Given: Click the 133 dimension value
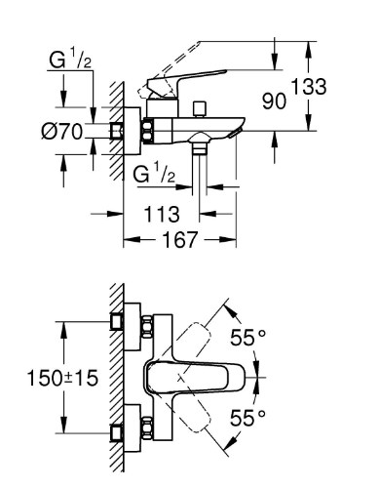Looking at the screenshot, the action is pyautogui.click(x=308, y=87).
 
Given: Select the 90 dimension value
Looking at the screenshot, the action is pyautogui.click(x=275, y=102).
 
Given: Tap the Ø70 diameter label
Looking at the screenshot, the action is pyautogui.click(x=62, y=132).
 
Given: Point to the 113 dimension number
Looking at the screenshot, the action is pyautogui.click(x=162, y=214).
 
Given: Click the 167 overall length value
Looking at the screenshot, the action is pyautogui.click(x=180, y=240).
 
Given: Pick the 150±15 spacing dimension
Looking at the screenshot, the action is pyautogui.click(x=62, y=378).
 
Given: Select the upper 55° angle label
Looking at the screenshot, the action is pyautogui.click(x=247, y=337).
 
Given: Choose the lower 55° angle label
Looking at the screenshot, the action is pyautogui.click(x=247, y=418).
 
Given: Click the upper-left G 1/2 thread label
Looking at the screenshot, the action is pyautogui.click(x=70, y=61).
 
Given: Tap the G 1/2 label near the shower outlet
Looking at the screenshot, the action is pyautogui.click(x=154, y=174).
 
